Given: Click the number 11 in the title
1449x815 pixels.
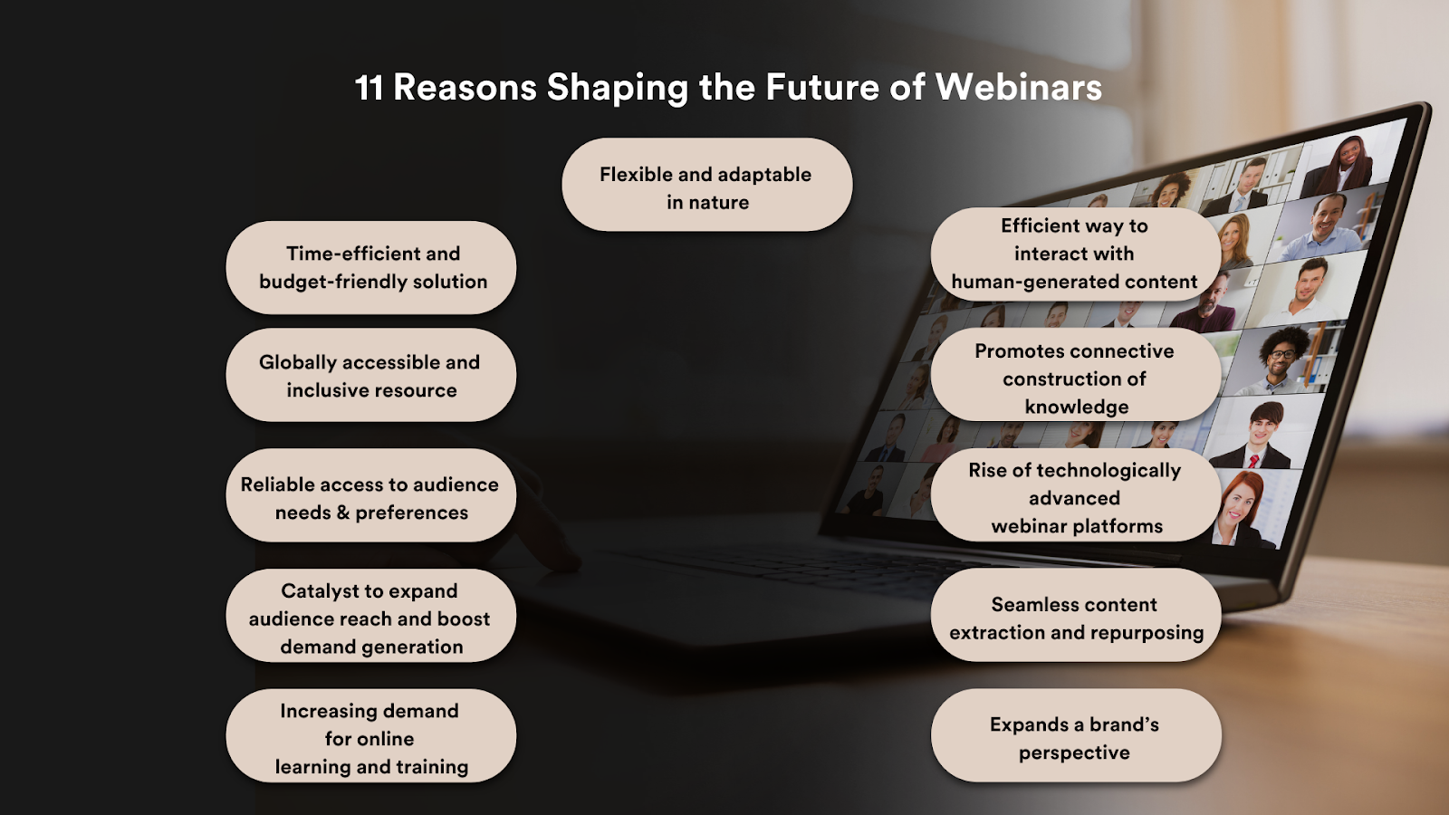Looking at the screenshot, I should click(369, 88).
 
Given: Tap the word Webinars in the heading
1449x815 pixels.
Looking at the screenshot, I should click(1018, 88).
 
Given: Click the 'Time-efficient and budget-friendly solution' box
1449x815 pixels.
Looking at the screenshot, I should click(371, 268).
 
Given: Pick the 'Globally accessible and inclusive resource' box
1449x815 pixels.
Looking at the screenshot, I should click(371, 375).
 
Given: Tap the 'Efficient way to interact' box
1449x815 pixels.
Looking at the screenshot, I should click(1074, 254).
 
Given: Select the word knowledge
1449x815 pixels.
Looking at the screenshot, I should click(1076, 407).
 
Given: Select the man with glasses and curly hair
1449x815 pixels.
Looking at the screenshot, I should click(1281, 358).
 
